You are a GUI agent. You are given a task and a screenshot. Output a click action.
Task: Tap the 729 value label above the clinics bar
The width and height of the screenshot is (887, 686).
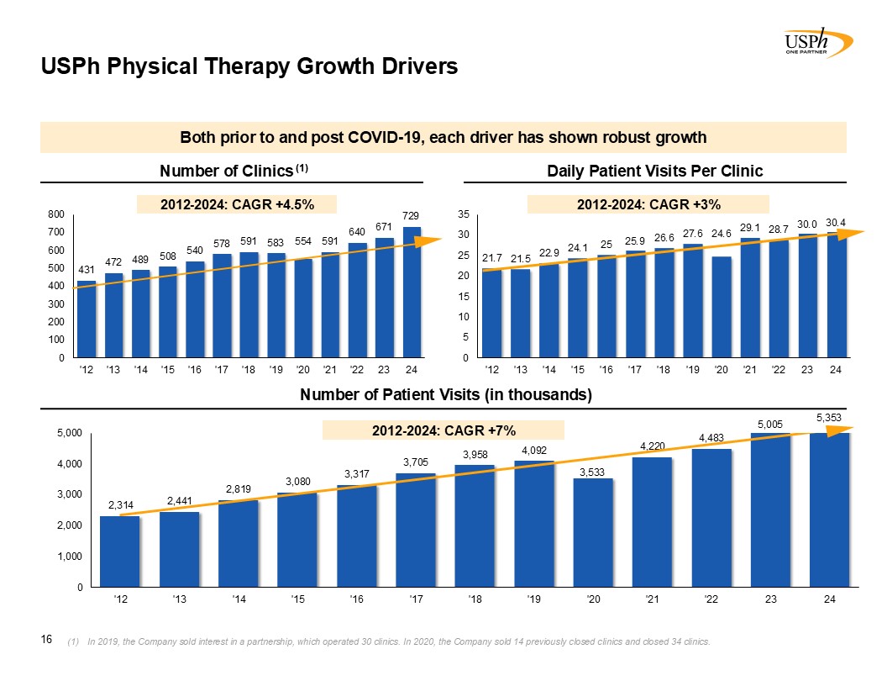pyautogui.click(x=411, y=217)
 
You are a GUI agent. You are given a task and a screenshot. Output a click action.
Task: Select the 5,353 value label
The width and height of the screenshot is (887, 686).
pyautogui.click(x=829, y=417)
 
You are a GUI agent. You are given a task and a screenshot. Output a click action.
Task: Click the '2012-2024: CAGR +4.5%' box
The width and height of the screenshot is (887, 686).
pyautogui.click(x=237, y=203)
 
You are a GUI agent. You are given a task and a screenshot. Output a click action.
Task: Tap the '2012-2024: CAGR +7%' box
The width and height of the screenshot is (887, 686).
pyautogui.click(x=443, y=430)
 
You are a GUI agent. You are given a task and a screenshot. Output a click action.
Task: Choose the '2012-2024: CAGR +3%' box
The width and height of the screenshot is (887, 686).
pyautogui.click(x=648, y=203)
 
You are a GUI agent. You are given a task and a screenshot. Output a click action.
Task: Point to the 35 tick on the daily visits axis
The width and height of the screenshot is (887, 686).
pyautogui.click(x=463, y=214)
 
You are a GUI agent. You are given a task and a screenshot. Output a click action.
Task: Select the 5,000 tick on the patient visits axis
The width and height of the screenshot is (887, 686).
pyautogui.click(x=71, y=433)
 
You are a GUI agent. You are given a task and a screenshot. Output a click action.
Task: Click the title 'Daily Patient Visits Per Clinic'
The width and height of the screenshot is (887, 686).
pyautogui.click(x=654, y=171)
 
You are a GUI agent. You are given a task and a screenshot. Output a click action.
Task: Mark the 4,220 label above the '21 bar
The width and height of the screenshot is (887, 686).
pyautogui.click(x=653, y=446)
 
